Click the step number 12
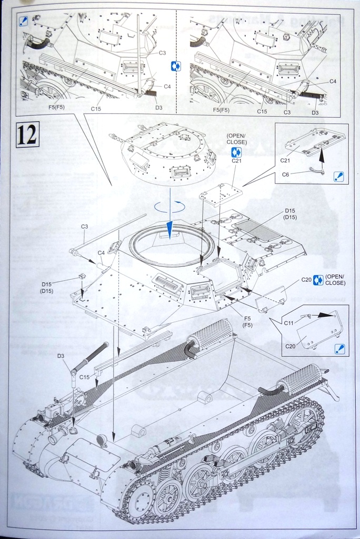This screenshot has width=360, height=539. click(27, 134)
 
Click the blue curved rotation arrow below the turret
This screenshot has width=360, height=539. click(169, 207)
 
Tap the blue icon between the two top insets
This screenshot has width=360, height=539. click(176, 66)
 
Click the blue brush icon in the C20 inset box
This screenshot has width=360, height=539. click(339, 348)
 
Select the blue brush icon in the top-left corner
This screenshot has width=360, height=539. click(23, 21)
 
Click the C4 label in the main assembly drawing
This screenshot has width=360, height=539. click(101, 253)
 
